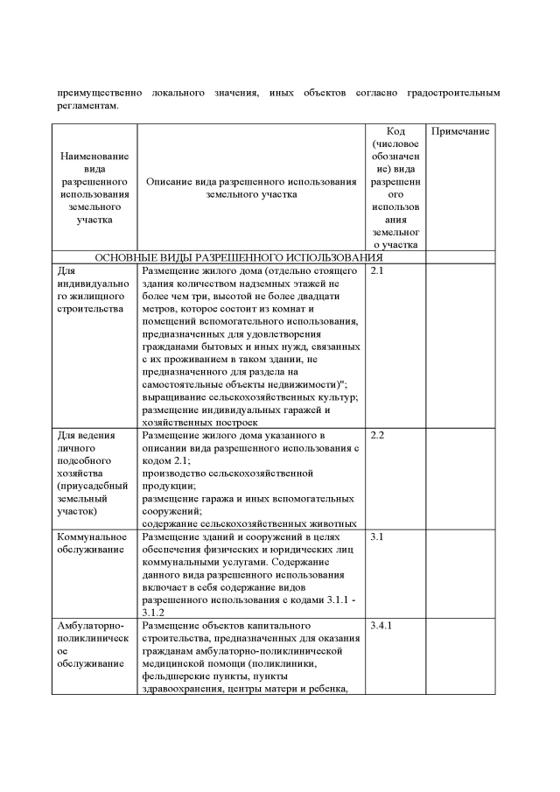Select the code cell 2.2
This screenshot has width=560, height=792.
click(x=378, y=435)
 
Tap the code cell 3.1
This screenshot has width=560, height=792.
click(x=376, y=536)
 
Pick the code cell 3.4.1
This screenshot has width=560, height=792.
click(x=382, y=627)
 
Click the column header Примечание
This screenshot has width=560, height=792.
click(x=460, y=130)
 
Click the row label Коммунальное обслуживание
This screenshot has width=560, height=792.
click(x=93, y=543)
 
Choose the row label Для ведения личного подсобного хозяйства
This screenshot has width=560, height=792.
click(x=93, y=473)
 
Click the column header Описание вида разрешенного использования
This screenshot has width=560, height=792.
click(x=251, y=187)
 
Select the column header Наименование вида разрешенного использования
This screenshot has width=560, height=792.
click(x=94, y=187)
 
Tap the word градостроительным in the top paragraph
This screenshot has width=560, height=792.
click(x=457, y=92)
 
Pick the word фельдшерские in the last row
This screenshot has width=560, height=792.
click(x=176, y=676)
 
